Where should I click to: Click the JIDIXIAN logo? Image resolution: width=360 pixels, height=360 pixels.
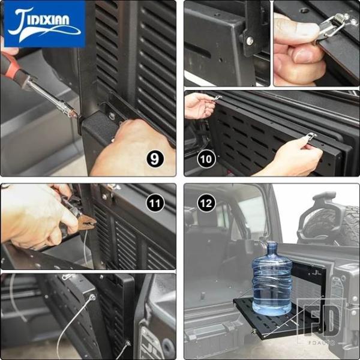pos(45,24)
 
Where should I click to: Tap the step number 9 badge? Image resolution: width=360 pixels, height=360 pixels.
pos(155,159)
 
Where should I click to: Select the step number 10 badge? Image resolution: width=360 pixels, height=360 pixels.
pos(206,159)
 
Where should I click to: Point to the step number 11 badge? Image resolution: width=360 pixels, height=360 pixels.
pos(155,203)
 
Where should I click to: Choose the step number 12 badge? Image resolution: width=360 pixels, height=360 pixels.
pos(206,203)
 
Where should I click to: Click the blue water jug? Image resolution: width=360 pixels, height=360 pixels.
pos(272,279)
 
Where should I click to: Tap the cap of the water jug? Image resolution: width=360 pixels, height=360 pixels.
pos(272,244)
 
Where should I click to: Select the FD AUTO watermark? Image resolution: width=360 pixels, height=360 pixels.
pos(321,322)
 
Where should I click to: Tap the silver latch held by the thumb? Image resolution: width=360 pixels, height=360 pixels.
pos(331,29)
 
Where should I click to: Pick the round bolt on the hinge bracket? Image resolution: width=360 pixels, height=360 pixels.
pos(250,41)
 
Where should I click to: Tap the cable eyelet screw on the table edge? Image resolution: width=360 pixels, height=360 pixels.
pos(92,298)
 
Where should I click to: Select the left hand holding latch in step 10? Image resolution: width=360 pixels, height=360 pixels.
pos(199,106)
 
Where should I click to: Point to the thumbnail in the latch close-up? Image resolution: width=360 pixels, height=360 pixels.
pos(304,55)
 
